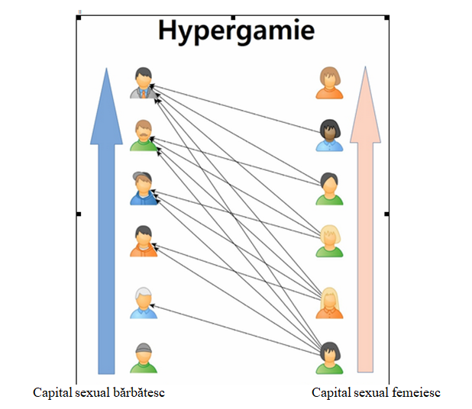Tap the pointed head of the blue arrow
106,107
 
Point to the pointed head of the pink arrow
365,107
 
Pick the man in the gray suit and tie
143,84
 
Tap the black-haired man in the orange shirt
143,241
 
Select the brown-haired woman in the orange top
330,83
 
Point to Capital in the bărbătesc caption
53,392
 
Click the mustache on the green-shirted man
143,137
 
